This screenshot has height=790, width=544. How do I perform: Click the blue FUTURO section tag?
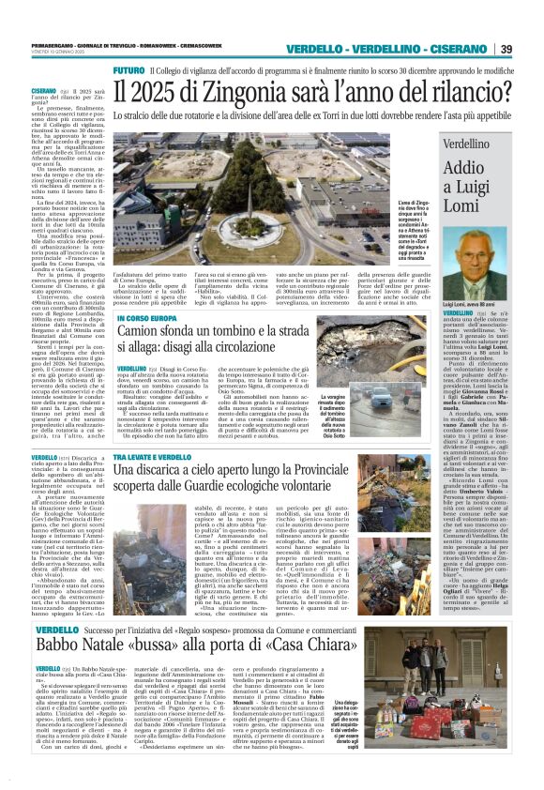(128, 71)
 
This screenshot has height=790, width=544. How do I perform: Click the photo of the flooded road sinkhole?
(376, 392)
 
